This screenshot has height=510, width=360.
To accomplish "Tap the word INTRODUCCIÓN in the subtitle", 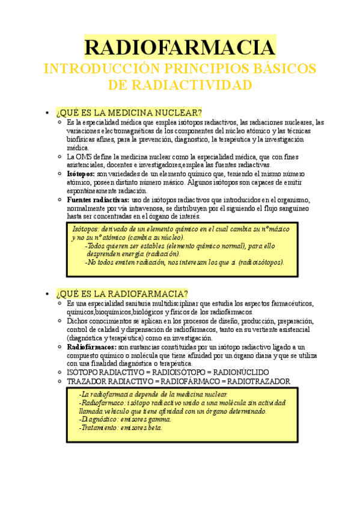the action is (x=93, y=67).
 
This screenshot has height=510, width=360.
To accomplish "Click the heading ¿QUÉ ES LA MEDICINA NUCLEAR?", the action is (x=129, y=113).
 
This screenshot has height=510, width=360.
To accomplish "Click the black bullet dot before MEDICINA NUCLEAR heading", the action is (x=47, y=113).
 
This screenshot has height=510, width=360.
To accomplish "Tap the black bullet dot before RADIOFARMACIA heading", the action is (x=47, y=293).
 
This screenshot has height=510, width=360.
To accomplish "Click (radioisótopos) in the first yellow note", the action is (x=260, y=262).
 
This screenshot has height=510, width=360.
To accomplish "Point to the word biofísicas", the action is (x=82, y=139).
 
